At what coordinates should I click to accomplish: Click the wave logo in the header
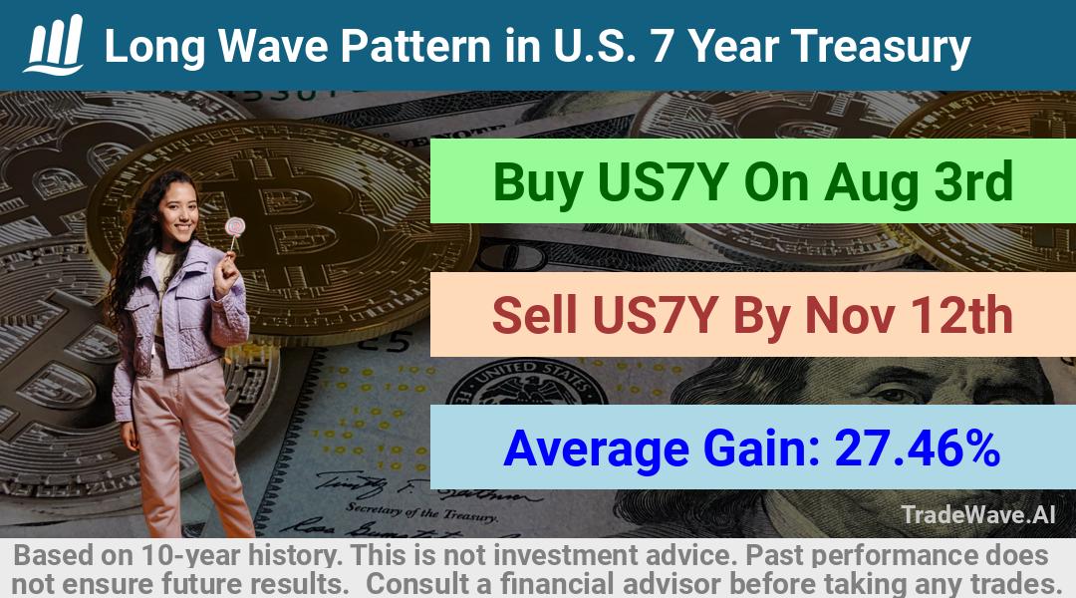(54, 45)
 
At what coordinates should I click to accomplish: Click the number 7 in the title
(663, 46)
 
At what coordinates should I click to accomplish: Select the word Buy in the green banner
(538, 182)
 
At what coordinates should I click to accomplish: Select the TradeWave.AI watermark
(978, 514)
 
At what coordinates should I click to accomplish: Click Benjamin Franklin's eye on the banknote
(892, 394)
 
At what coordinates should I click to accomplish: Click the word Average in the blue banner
(597, 449)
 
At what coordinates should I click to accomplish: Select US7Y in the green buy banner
(663, 182)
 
